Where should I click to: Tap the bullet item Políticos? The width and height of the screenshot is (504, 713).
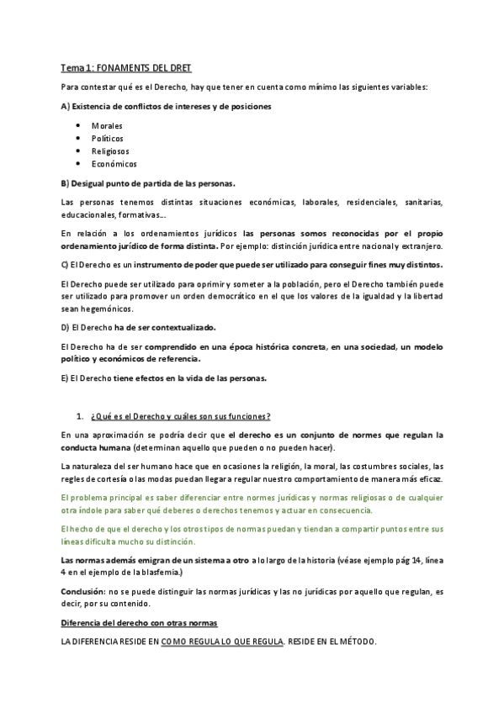107,138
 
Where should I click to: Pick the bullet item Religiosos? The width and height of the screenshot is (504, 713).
110,151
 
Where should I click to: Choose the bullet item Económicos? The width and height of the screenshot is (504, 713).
114,164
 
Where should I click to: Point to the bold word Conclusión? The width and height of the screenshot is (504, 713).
87,592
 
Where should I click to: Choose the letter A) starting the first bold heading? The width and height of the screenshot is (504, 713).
66,107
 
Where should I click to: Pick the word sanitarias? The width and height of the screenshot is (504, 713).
418,202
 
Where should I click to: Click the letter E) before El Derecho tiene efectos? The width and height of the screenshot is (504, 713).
66,378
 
